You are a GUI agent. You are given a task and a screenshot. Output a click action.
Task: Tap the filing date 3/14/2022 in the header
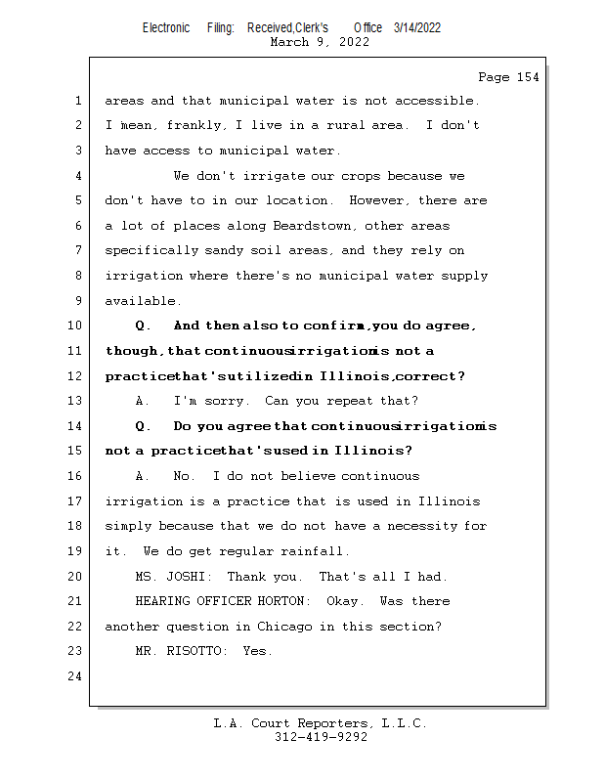417,27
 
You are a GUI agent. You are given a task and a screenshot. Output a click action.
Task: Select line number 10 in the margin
76,326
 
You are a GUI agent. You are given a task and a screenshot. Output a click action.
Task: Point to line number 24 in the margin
76,676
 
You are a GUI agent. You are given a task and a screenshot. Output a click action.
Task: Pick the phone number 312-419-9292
321,738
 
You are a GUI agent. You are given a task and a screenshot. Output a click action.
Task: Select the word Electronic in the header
166,27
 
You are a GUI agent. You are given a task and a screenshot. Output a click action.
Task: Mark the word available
143,301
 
